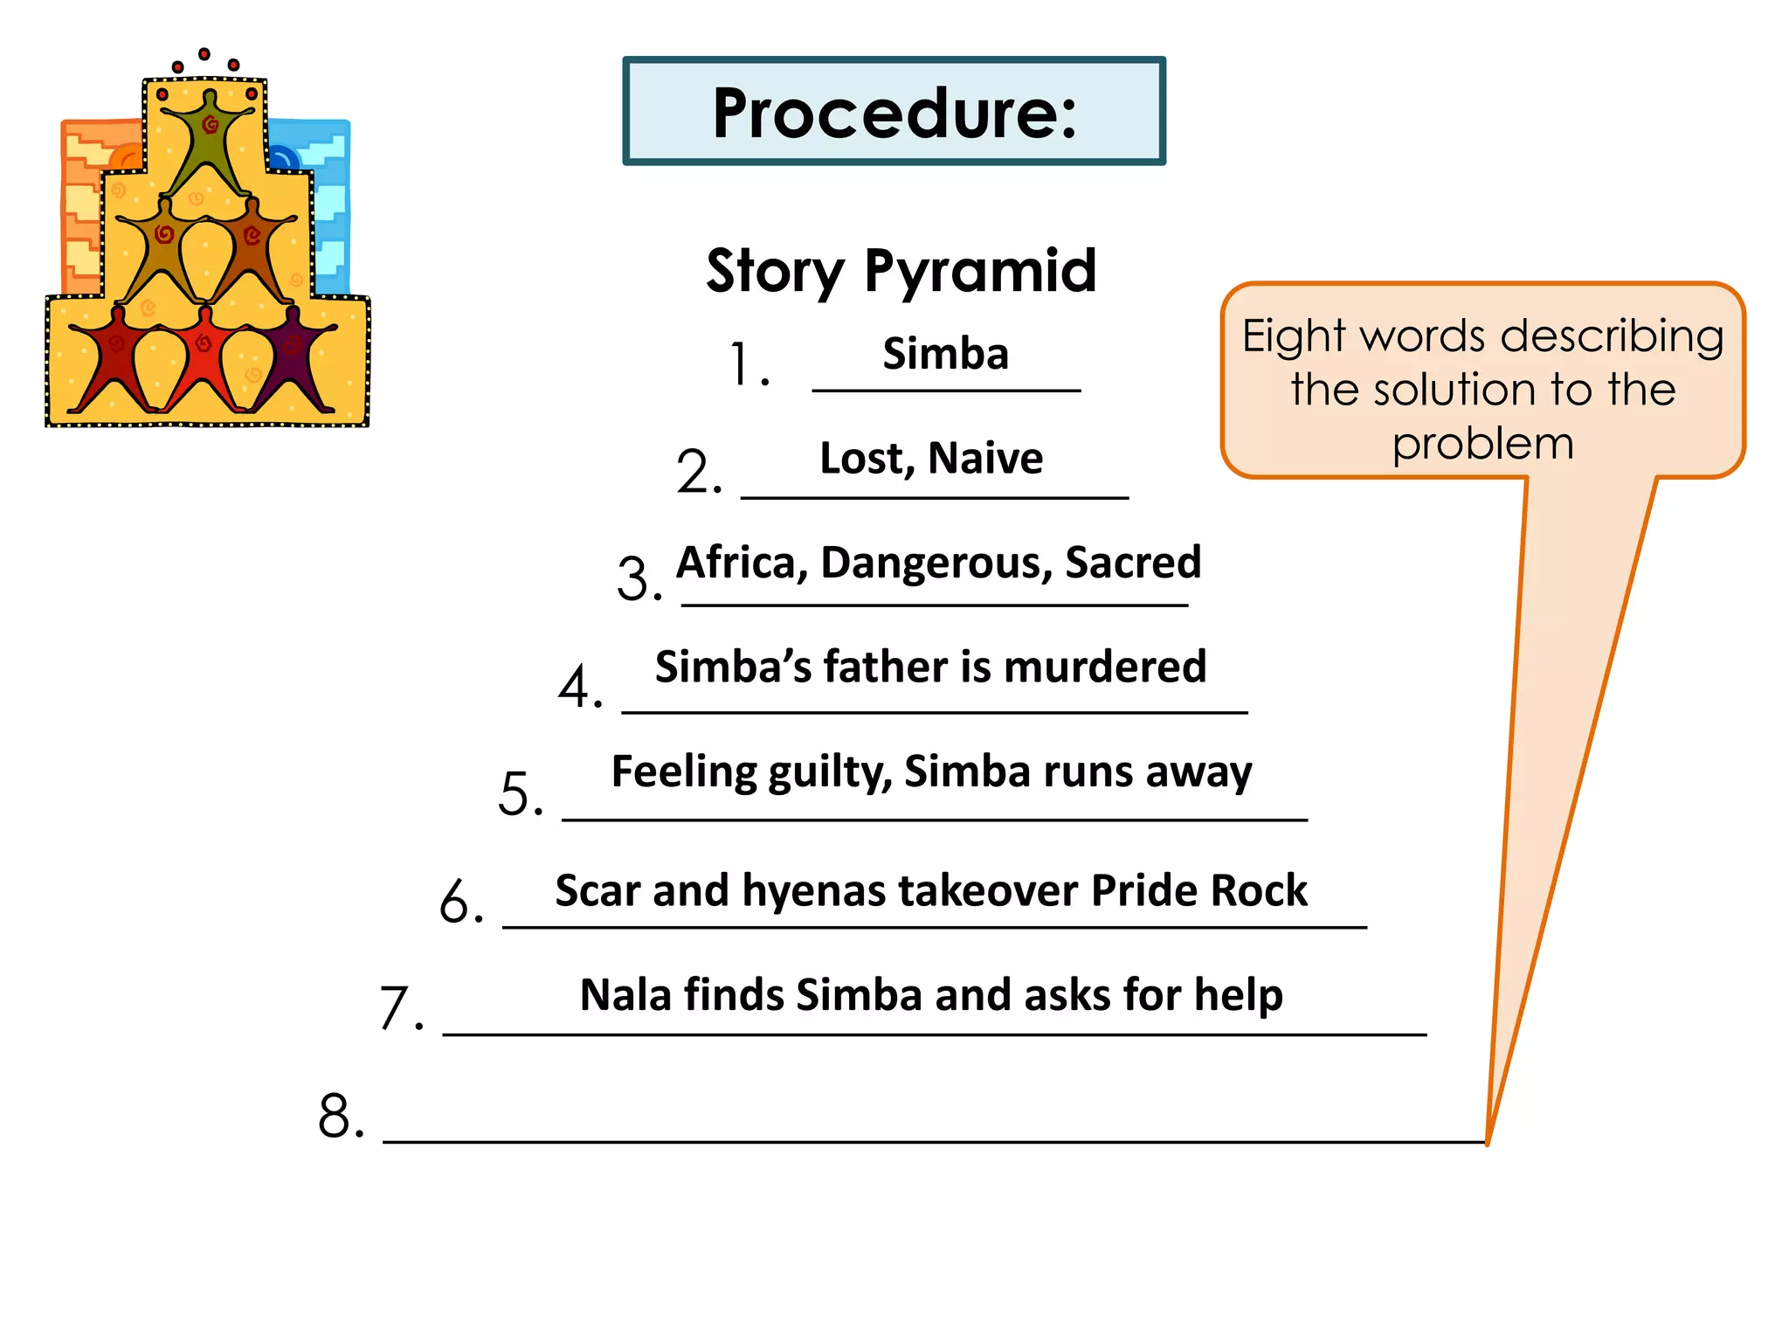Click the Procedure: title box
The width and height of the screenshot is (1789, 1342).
[894, 112]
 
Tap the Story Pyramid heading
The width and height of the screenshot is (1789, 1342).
[901, 271]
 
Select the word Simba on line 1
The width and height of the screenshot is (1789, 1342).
[945, 354]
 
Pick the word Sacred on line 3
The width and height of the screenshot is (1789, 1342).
[1133, 563]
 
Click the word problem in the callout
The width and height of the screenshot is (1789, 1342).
[1482, 444]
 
